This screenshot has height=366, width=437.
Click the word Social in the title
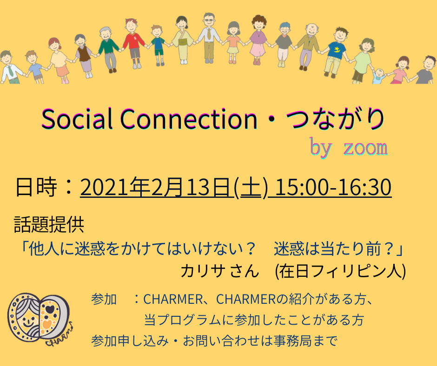(x=77, y=119)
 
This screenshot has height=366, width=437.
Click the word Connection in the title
(x=189, y=119)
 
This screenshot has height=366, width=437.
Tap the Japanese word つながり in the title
(x=335, y=119)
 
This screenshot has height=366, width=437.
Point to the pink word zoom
(x=366, y=148)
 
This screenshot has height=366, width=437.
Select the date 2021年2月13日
(x=157, y=187)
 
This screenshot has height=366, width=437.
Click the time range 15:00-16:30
(x=333, y=187)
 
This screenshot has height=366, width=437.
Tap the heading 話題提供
(x=49, y=224)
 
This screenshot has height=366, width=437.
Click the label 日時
(x=36, y=187)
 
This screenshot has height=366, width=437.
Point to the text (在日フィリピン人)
(x=340, y=271)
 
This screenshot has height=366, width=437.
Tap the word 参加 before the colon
(x=104, y=300)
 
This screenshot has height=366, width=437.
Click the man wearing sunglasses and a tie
(x=209, y=38)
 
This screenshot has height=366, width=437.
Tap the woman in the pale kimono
(x=182, y=40)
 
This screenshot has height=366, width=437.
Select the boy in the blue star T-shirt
(x=336, y=52)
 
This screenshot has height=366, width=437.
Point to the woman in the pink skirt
(x=258, y=39)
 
